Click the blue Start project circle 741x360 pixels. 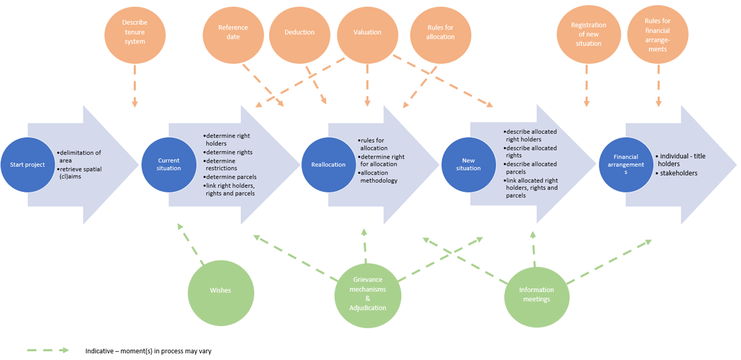click(x=27, y=165)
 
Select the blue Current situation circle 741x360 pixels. click(x=169, y=165)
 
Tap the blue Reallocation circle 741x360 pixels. click(x=329, y=165)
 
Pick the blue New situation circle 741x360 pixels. click(x=468, y=165)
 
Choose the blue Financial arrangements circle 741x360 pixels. click(x=625, y=165)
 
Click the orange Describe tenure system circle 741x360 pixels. click(x=135, y=32)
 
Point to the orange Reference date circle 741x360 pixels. click(x=233, y=32)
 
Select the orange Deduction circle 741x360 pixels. click(x=299, y=32)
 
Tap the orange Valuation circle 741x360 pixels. click(x=367, y=32)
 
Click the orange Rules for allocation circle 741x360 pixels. click(x=440, y=32)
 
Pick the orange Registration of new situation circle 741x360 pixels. click(x=589, y=34)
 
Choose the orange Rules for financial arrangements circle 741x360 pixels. click(x=658, y=34)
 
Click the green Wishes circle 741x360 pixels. click(x=220, y=290)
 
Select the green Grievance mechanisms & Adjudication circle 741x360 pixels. click(x=368, y=293)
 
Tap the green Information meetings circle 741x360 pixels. click(x=536, y=294)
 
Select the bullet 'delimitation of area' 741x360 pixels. click(x=80, y=156)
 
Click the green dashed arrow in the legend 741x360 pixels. click(x=48, y=350)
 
